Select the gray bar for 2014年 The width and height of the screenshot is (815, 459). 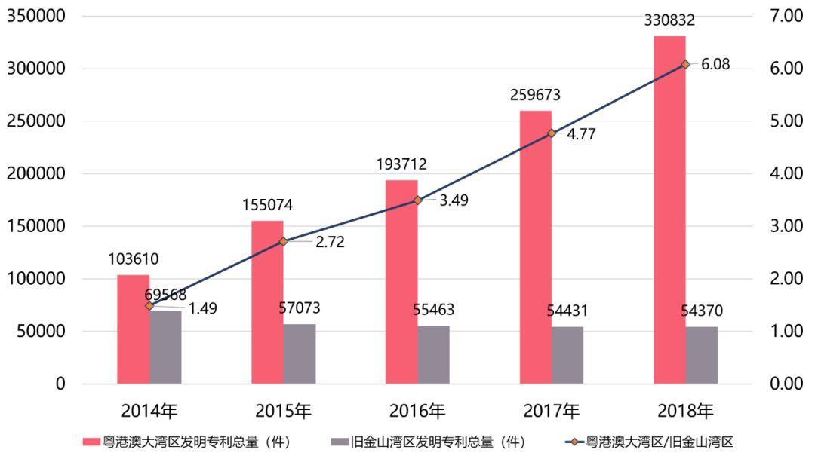pyautogui.click(x=165, y=347)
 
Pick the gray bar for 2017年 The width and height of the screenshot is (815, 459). pyautogui.click(x=567, y=355)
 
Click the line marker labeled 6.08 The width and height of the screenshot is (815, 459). pyautogui.click(x=685, y=65)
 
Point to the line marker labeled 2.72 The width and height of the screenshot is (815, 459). pyautogui.click(x=283, y=242)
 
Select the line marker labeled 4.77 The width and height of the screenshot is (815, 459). pyautogui.click(x=551, y=133)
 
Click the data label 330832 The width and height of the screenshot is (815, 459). pyautogui.click(x=669, y=21)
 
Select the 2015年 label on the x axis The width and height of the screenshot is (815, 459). pyautogui.click(x=283, y=412)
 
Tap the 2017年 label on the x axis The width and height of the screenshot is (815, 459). pyautogui.click(x=551, y=412)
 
